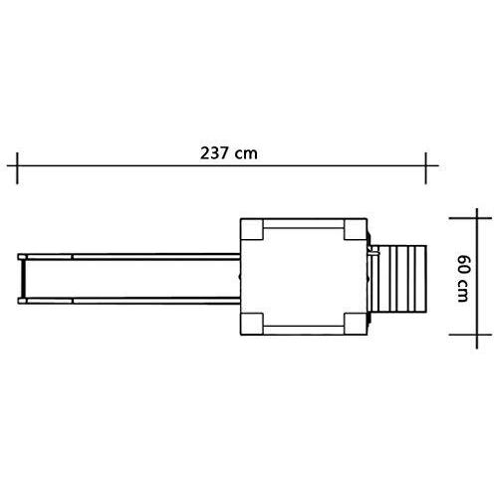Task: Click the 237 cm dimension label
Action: pyautogui.click(x=229, y=153)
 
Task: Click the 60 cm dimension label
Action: pyautogui.click(x=463, y=278)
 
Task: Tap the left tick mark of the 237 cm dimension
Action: pyautogui.click(x=17, y=168)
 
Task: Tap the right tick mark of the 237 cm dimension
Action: pyautogui.click(x=426, y=168)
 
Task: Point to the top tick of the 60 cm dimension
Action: pyautogui.click(x=470, y=218)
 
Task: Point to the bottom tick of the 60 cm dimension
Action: pyautogui.click(x=470, y=335)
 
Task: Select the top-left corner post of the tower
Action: pyautogui.click(x=252, y=229)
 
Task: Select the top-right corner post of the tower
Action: pyautogui.click(x=356, y=229)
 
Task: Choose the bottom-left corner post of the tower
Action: pyautogui.click(x=252, y=324)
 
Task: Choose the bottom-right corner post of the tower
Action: pyautogui.click(x=356, y=324)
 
